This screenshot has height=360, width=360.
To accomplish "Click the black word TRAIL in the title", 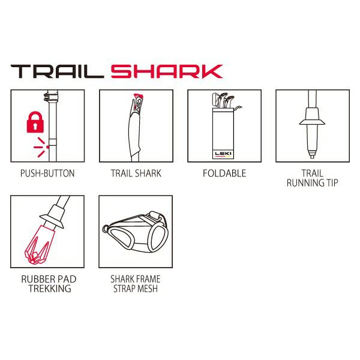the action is [x=57, y=71].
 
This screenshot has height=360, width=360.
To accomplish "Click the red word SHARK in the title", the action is [x=167, y=71].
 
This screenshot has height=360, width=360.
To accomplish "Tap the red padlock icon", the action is [x=35, y=122].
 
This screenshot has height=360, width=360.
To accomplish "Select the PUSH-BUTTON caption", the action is [x=47, y=173].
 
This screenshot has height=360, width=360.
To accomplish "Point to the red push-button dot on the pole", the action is [x=47, y=147].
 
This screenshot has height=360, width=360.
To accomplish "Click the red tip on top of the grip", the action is [x=138, y=95].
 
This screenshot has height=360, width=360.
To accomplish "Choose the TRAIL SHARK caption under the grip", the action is [x=136, y=173].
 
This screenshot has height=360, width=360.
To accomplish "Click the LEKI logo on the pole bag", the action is [x=223, y=154].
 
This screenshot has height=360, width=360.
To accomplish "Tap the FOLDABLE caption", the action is [x=224, y=173].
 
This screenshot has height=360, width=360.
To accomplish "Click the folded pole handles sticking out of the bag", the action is [x=224, y=100].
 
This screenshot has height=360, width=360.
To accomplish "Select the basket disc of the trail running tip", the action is [x=312, y=122].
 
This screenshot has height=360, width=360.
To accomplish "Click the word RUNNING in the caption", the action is [x=302, y=183].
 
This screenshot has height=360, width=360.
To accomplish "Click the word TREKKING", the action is [x=50, y=289].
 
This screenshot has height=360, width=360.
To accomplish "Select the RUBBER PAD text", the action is [x=49, y=279].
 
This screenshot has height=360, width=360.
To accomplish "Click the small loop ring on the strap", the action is [x=106, y=229].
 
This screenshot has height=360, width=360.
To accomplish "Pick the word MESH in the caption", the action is [x=147, y=289].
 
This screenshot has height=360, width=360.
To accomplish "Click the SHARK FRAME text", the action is [x=136, y=279].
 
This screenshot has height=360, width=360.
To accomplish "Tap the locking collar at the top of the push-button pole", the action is [x=51, y=97].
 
